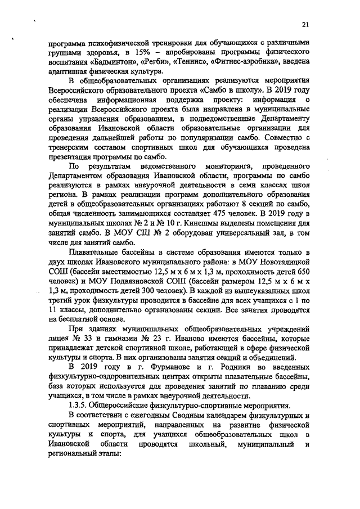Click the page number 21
pos(305,25)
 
